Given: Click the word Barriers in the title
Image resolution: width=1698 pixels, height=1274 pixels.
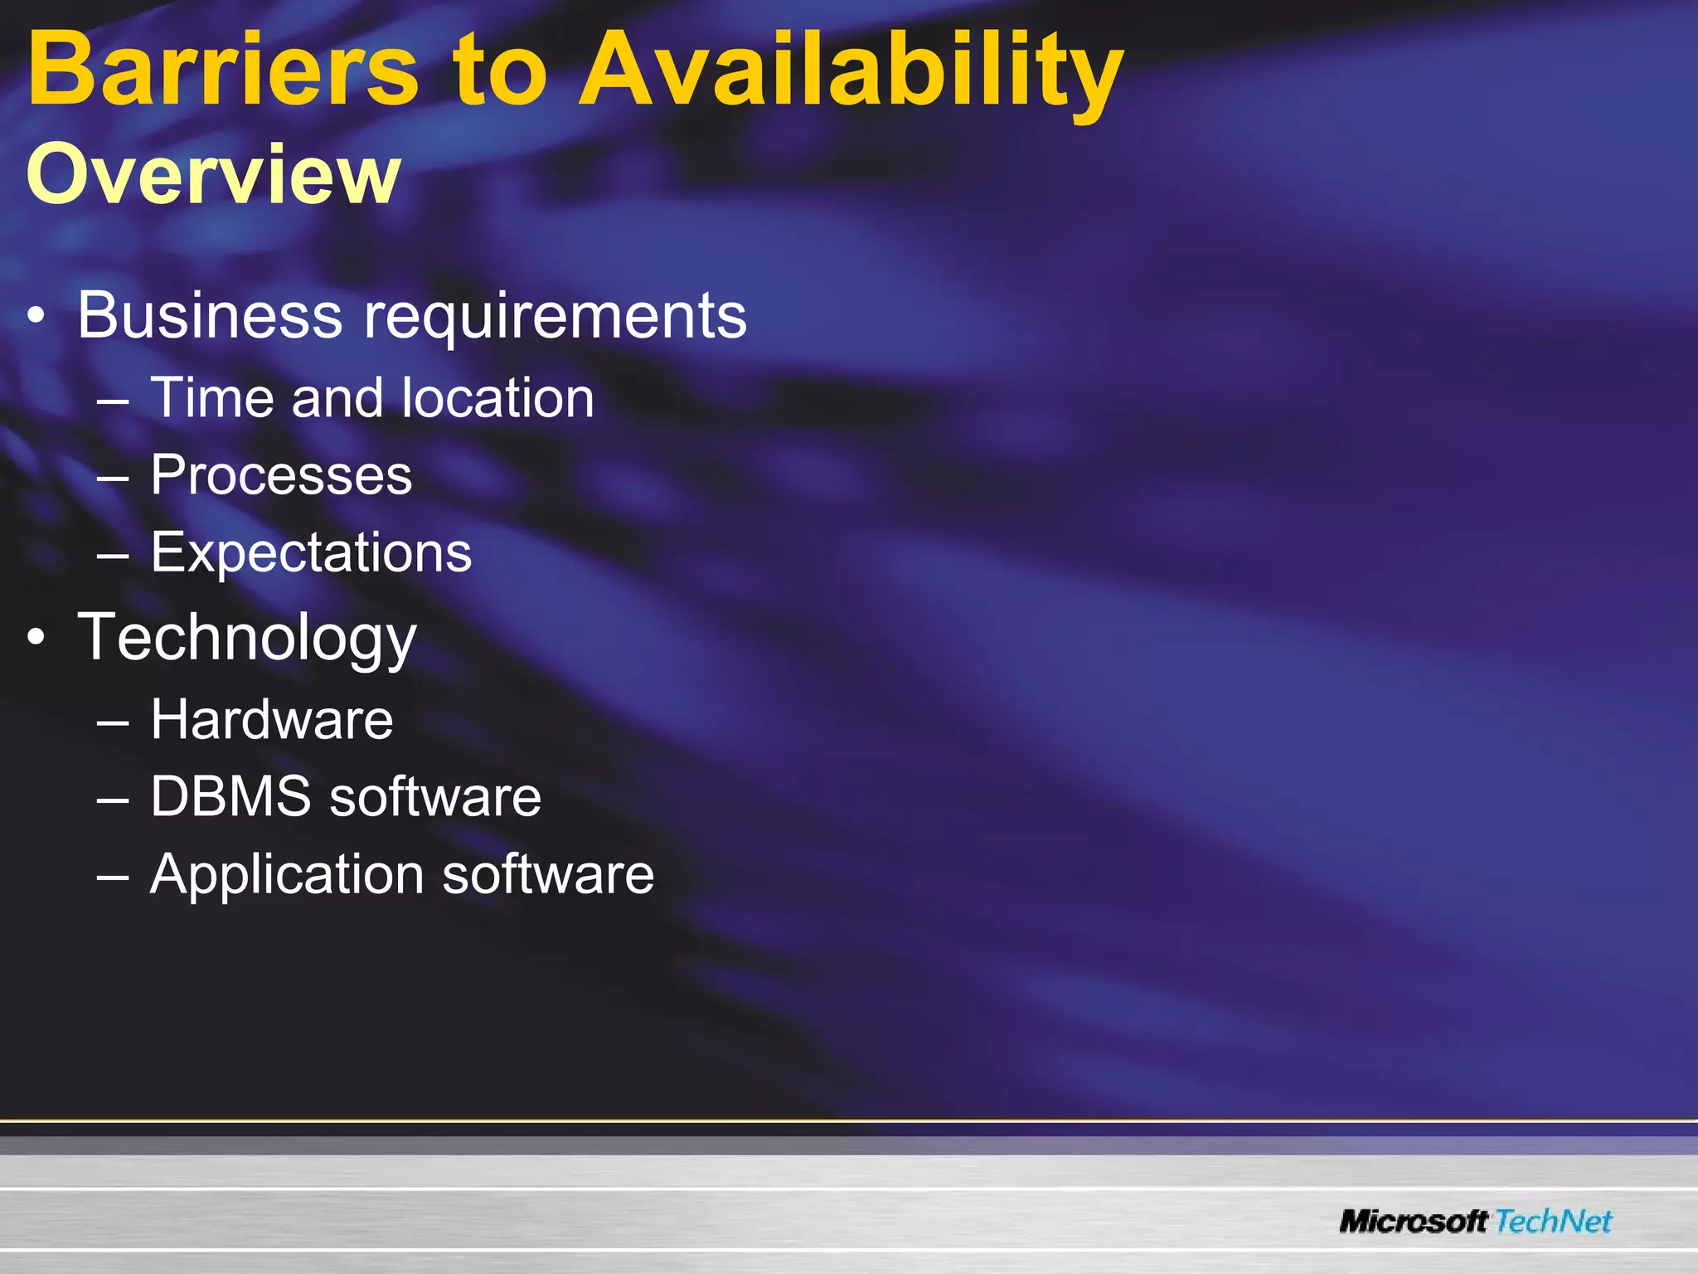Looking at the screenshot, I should (x=222, y=70).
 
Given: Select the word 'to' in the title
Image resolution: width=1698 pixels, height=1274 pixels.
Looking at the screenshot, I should (x=499, y=71).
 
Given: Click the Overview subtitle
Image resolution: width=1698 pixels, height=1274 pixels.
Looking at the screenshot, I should (x=214, y=174).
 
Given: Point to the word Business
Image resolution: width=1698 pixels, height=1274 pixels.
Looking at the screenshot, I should (x=210, y=315).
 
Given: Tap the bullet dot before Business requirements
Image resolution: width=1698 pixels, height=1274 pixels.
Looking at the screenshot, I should (x=36, y=317).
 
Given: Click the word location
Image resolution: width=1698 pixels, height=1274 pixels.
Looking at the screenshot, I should (x=497, y=397).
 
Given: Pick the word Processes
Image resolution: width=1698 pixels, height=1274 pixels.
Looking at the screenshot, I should (x=281, y=475).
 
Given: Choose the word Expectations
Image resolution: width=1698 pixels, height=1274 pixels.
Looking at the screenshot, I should (x=311, y=553).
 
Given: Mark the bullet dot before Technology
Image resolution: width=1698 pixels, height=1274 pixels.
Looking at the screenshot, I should (x=36, y=638).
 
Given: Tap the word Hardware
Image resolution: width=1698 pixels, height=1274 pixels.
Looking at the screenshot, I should (x=272, y=719).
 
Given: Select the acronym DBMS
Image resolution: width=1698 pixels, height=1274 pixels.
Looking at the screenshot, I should (x=230, y=796).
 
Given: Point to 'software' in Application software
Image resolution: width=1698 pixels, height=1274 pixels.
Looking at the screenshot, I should (x=548, y=874).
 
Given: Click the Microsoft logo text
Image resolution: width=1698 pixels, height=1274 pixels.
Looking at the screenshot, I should (x=1414, y=1222).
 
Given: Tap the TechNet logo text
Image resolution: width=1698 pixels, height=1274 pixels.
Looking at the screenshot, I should (x=1553, y=1222).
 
